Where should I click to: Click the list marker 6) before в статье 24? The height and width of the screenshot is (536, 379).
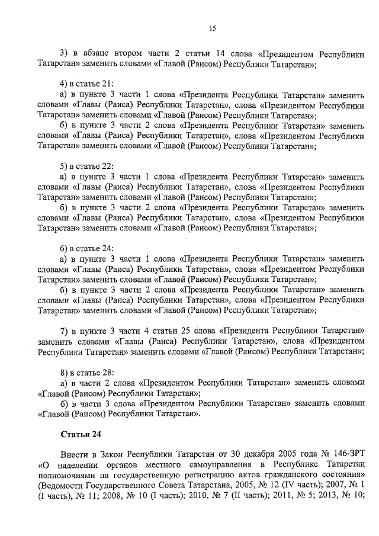point(65,248)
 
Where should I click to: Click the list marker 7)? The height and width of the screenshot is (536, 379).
point(65,330)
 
